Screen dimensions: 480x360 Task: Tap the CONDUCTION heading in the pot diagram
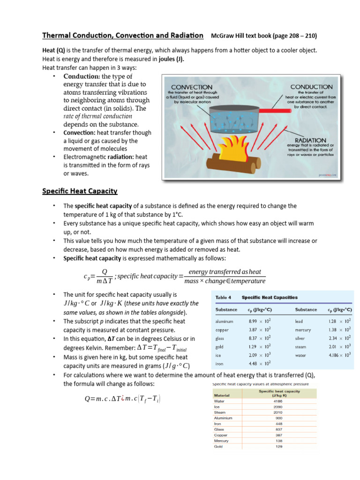click(311, 87)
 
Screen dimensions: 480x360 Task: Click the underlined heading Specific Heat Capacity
click(80, 191)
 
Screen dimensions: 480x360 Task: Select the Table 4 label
click(223, 297)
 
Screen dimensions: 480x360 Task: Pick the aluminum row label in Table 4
click(225, 322)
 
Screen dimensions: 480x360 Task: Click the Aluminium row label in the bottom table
click(223, 418)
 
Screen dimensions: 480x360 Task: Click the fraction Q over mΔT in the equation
click(105, 277)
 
